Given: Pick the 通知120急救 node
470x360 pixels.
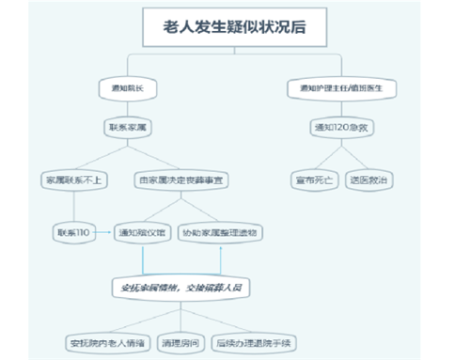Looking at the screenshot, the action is click(341, 126).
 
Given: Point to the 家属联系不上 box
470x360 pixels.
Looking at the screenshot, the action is click(69, 178).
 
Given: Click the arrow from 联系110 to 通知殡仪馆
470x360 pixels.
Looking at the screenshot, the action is click(105, 230).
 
